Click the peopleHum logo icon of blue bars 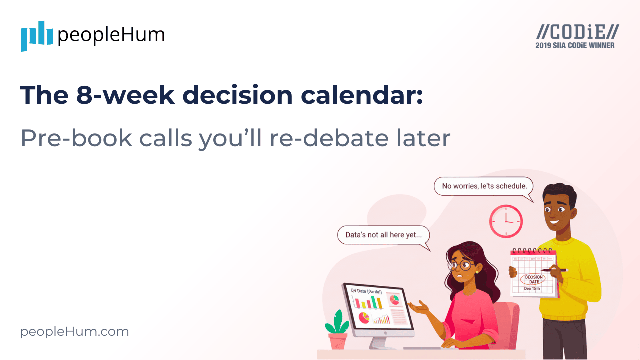click(37, 36)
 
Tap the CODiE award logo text click(577, 32)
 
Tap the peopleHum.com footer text click(75, 332)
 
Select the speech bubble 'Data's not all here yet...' click(383, 235)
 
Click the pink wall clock click(506, 221)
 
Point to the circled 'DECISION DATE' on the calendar click(534, 279)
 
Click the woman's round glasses click(461, 265)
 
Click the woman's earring click(477, 272)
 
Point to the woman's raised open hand click(419, 307)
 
